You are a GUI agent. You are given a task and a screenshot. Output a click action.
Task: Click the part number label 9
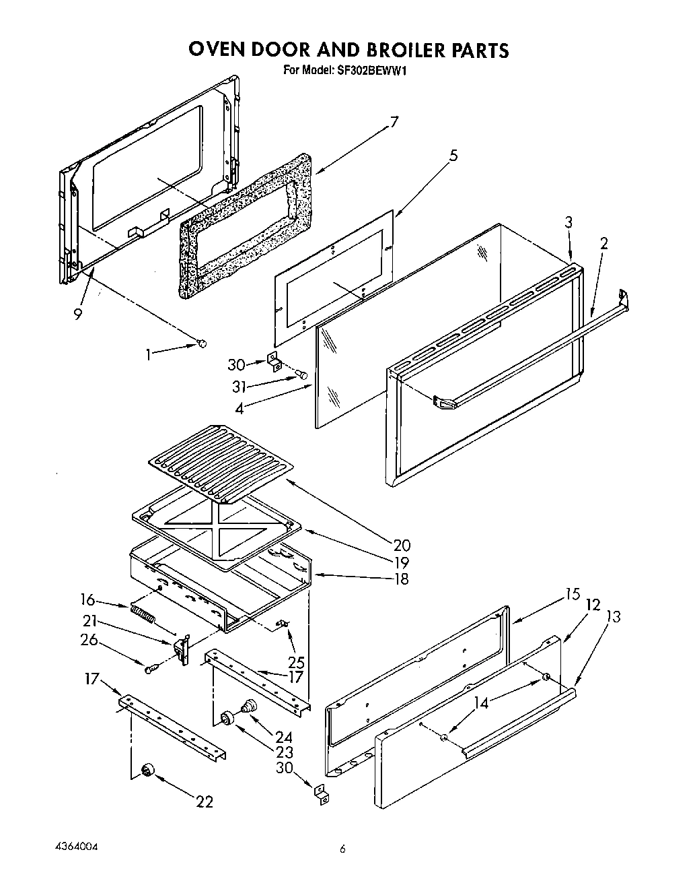pyautogui.click(x=78, y=314)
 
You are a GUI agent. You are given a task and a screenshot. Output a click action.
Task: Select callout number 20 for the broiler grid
pyautogui.click(x=402, y=546)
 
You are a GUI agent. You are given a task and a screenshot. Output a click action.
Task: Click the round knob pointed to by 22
pyautogui.click(x=147, y=771)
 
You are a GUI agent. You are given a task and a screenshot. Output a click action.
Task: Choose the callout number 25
pyautogui.click(x=296, y=662)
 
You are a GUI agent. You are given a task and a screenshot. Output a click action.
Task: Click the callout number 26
pyautogui.click(x=89, y=640)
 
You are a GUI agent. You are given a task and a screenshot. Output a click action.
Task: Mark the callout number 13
pyautogui.click(x=613, y=616)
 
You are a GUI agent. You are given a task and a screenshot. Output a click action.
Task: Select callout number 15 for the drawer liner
pyautogui.click(x=572, y=594)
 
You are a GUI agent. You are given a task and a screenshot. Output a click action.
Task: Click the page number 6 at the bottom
pyautogui.click(x=342, y=850)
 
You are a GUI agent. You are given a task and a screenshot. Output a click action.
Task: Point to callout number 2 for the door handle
pyautogui.click(x=603, y=243)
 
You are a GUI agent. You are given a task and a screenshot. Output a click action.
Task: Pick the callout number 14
pyautogui.click(x=481, y=702)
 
